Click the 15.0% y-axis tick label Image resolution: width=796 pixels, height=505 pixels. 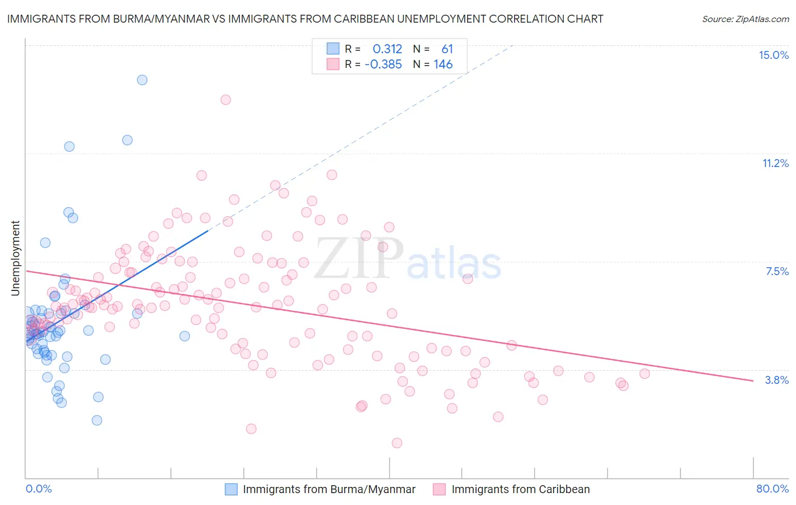click(x=773, y=55)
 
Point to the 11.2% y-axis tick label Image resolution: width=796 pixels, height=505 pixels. click(x=775, y=163)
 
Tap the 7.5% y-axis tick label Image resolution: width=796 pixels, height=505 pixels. click(x=777, y=271)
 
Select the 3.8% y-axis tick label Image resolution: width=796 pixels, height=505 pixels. click(x=777, y=380)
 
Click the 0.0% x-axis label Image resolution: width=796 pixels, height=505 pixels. click(x=38, y=489)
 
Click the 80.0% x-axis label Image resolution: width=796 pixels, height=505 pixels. click(x=772, y=489)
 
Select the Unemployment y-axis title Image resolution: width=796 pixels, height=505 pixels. click(x=15, y=258)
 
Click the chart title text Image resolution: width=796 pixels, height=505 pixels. click(x=305, y=19)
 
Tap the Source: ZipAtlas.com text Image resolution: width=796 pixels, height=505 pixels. click(x=745, y=19)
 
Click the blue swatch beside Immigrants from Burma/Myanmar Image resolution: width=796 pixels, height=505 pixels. click(x=231, y=489)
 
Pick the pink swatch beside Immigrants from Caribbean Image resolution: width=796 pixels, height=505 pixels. click(x=439, y=489)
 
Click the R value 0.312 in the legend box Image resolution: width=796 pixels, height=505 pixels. click(x=387, y=49)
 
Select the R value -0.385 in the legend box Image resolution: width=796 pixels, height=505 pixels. click(x=383, y=65)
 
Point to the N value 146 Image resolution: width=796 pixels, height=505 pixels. click(x=443, y=65)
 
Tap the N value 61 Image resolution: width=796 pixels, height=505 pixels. click(x=447, y=49)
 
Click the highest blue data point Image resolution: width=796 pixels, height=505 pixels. click(x=142, y=80)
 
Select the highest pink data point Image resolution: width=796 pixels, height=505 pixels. click(x=225, y=100)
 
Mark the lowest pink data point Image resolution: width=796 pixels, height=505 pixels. click(x=397, y=443)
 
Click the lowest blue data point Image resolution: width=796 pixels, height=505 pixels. click(x=97, y=420)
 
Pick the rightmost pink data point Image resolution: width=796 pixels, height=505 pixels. click(x=644, y=373)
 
